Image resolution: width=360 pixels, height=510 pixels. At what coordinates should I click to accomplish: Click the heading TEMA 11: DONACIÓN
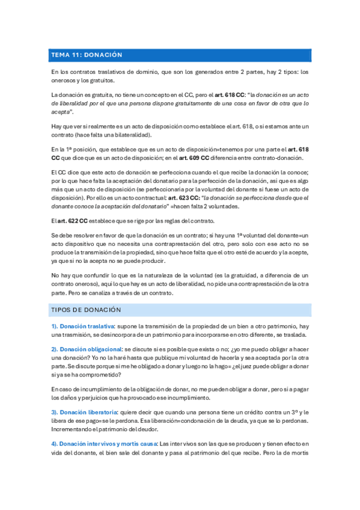[87, 55]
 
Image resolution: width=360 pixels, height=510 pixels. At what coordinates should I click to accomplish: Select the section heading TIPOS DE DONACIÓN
[87, 310]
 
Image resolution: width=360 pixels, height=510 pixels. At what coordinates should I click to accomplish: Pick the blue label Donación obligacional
[90, 349]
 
